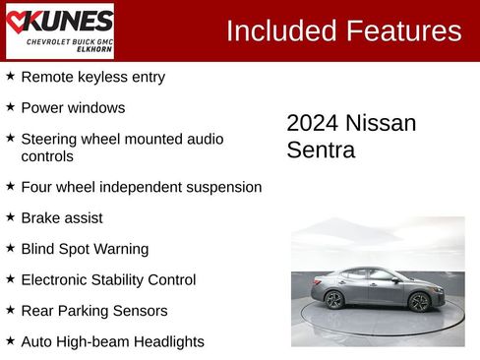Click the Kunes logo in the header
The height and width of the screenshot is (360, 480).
tap(60, 30)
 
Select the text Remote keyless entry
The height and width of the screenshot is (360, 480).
tap(92, 77)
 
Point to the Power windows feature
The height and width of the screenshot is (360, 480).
tap(73, 108)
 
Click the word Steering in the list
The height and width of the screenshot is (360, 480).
tap(49, 139)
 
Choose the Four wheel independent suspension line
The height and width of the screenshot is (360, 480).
tap(141, 187)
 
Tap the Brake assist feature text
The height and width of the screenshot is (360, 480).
tap(61, 217)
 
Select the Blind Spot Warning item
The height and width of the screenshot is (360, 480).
tap(85, 249)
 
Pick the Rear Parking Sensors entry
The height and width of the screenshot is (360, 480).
tap(94, 311)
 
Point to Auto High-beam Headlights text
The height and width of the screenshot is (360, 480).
tap(112, 342)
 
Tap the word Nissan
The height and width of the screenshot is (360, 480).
tap(383, 124)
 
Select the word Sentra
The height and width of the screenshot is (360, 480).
tap(321, 150)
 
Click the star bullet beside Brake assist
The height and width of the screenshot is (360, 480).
tap(10, 216)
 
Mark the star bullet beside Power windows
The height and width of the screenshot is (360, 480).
tap(10, 106)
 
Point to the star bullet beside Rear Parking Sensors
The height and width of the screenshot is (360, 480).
tap(10, 310)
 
